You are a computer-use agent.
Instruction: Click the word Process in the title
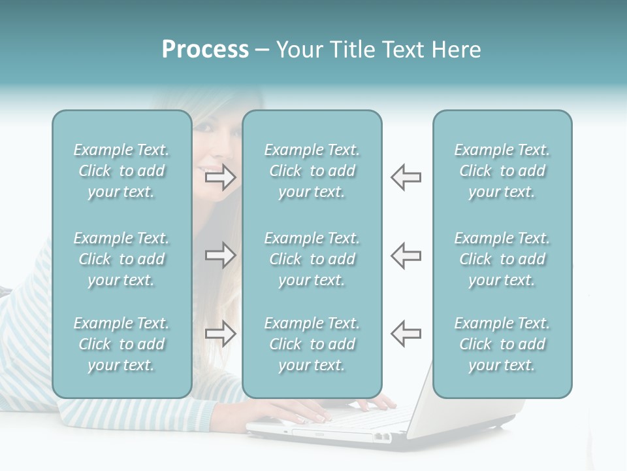click(x=205, y=50)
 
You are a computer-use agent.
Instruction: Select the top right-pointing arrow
click(x=221, y=177)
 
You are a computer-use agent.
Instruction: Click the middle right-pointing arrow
click(x=221, y=255)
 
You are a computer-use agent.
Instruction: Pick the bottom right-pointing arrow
click(x=221, y=334)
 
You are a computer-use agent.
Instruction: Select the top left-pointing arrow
click(x=406, y=177)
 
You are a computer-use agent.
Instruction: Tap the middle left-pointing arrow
click(x=406, y=255)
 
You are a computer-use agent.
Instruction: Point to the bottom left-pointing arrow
click(x=406, y=334)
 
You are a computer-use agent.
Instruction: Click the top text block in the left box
click(x=121, y=171)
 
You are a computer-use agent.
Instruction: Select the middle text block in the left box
click(x=121, y=259)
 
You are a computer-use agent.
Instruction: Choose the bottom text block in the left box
click(x=121, y=344)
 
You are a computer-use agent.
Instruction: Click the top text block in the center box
click(x=312, y=171)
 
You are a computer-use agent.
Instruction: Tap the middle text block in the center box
click(x=312, y=259)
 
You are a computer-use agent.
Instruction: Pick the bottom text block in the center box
click(x=312, y=344)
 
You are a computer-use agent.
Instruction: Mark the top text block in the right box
click(x=502, y=171)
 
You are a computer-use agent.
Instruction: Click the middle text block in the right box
click(x=502, y=259)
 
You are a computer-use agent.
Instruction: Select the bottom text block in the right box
click(x=502, y=344)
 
